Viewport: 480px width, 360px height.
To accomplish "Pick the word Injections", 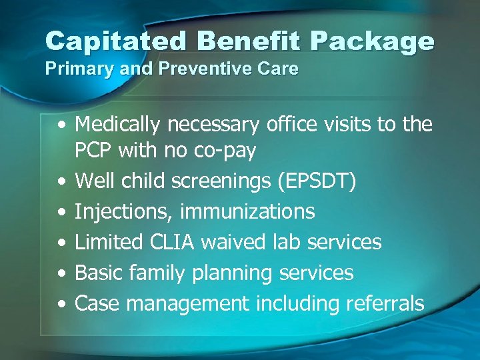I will [125, 212].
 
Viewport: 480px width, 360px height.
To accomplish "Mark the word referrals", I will [385, 303].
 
